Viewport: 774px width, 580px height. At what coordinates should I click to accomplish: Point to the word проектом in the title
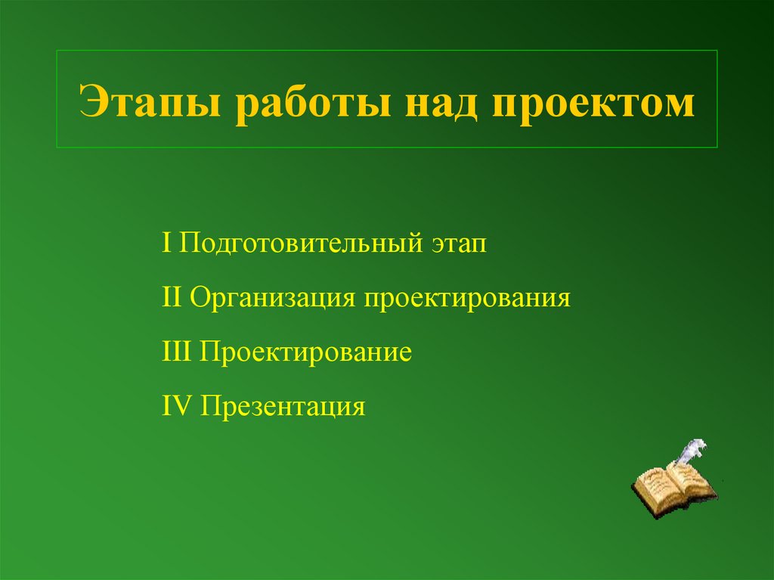coord(593,104)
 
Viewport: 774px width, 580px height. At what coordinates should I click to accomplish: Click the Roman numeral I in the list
coord(166,243)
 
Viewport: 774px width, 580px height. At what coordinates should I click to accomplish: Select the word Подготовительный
coord(302,244)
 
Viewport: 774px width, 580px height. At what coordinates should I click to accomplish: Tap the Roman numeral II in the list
coord(171,297)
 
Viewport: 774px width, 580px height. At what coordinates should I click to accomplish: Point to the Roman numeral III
coord(177,352)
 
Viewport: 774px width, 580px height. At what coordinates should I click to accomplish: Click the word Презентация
coord(283,407)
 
